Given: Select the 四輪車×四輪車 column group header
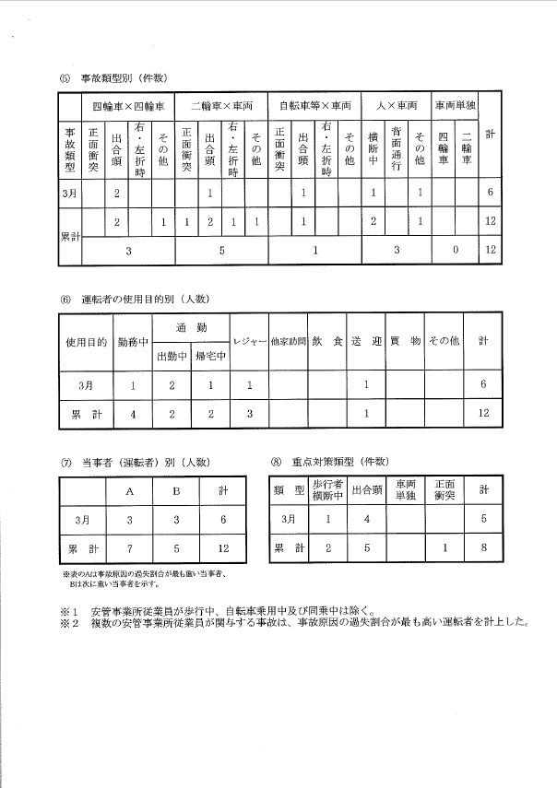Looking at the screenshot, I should pos(127,105).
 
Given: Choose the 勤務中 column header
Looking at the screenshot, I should pos(134,341).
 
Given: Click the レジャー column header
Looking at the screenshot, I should pos(249,341).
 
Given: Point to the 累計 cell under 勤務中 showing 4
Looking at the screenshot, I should pos(134,414).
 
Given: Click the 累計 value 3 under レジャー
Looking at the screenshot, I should pos(249,414).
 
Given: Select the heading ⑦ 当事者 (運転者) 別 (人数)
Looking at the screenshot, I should pos(136,462).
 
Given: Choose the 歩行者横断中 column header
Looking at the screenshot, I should pos(327,489).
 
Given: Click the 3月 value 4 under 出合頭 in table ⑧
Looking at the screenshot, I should pos(367,519).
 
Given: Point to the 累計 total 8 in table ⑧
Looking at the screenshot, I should pos(485,549).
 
